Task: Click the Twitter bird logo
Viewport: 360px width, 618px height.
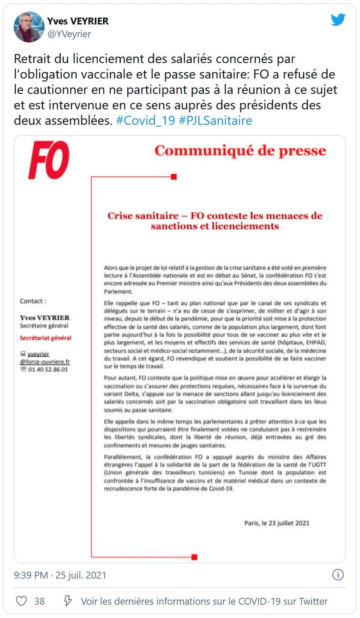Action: [x=338, y=19]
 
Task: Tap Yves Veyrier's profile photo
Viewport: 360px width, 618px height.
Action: [x=29, y=27]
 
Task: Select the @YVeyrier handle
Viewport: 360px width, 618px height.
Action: [x=69, y=34]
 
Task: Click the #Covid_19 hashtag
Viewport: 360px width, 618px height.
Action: [x=145, y=121]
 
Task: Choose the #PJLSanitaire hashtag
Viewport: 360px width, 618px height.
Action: [x=215, y=121]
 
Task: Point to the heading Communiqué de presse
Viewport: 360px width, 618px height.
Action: [x=240, y=151]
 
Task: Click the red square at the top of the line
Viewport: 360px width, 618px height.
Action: [x=174, y=177]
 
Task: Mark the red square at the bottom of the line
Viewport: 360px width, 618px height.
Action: [x=194, y=557]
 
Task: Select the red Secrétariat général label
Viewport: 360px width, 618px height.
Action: [x=45, y=338]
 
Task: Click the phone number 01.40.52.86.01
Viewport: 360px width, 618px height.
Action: [x=48, y=369]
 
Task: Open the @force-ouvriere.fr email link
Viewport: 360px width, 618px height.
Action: [x=45, y=362]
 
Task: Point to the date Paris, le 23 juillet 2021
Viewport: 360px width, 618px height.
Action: [x=276, y=523]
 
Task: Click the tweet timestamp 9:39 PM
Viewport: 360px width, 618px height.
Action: [x=31, y=575]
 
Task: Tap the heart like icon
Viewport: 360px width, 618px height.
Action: [x=21, y=601]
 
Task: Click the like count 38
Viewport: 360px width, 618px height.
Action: [x=39, y=601]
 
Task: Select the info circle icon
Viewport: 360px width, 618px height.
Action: [x=338, y=575]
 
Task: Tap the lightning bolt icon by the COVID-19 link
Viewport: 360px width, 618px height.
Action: [x=68, y=601]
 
